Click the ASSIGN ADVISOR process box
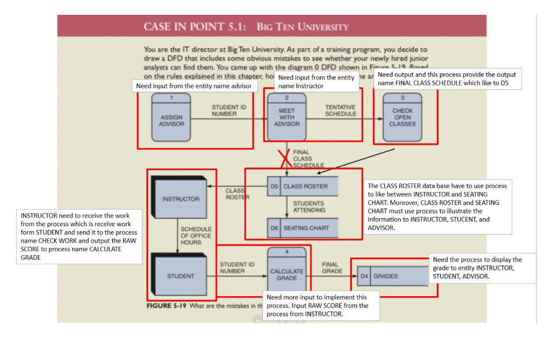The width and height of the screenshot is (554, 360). click(x=171, y=117)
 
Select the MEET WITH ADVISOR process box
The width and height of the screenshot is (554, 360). click(x=286, y=117)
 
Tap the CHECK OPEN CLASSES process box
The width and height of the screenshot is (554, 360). click(x=402, y=117)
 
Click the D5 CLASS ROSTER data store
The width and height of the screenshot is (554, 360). click(x=302, y=186)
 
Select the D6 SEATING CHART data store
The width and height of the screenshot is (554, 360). click(x=302, y=228)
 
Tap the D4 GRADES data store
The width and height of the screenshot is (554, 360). click(x=392, y=276)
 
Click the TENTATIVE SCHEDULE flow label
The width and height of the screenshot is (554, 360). click(x=340, y=111)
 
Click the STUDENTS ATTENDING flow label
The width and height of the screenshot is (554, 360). click(x=309, y=207)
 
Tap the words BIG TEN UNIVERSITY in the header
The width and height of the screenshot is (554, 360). click(x=303, y=27)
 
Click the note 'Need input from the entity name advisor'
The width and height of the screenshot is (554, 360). click(x=194, y=86)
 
